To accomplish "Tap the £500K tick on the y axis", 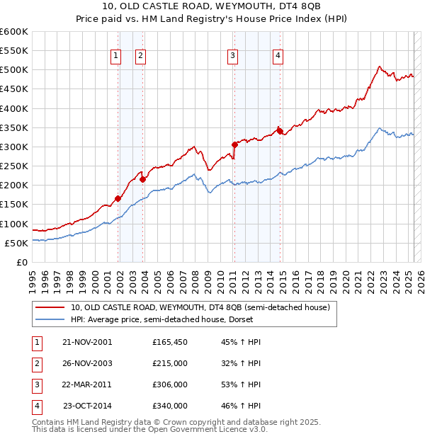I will (x=14, y=70).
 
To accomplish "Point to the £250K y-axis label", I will (x=14, y=166).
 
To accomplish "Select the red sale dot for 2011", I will (x=234, y=144).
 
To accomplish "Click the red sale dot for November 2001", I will (x=118, y=198).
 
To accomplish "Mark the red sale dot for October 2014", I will (x=279, y=131).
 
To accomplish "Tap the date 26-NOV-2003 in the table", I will (x=87, y=363).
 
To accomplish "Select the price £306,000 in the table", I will (x=170, y=384).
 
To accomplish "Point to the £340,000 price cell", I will (x=170, y=406).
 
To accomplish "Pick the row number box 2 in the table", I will (x=36, y=363).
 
